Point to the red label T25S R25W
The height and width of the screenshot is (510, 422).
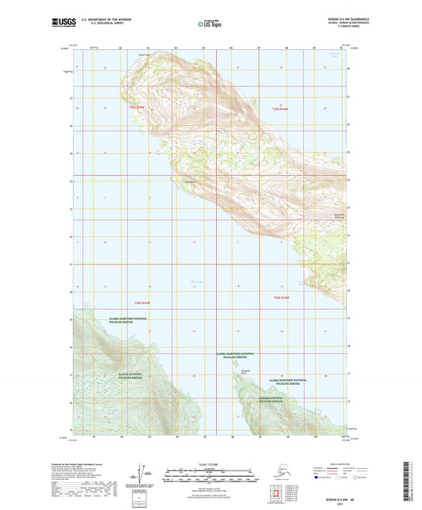coord(138,107)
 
